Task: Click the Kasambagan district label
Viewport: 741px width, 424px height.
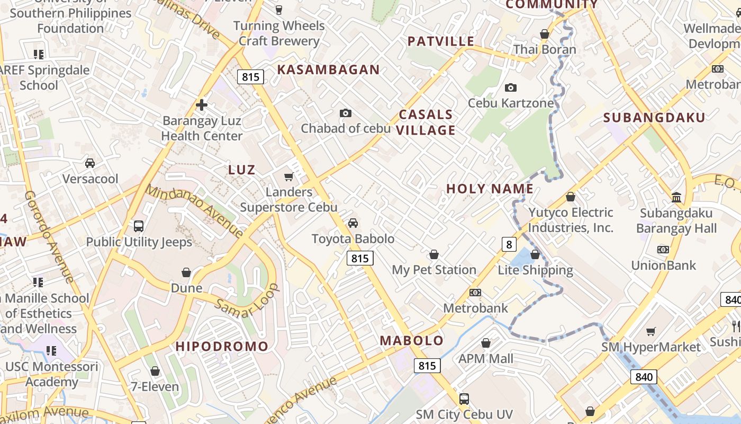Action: [328, 69]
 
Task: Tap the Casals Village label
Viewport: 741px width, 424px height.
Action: [426, 122]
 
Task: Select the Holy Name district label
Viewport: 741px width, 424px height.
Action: [490, 189]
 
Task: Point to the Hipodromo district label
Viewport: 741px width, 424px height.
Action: [222, 347]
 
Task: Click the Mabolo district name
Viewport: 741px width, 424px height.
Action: [412, 340]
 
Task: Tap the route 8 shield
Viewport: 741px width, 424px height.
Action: [509, 244]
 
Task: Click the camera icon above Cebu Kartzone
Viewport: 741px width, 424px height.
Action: [511, 87]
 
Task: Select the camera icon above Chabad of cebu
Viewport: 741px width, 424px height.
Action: [346, 113]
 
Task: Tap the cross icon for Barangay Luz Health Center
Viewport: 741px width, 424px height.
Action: [201, 105]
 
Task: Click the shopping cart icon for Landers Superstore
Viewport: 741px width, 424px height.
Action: [288, 176]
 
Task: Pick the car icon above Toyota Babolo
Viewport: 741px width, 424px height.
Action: [353, 223]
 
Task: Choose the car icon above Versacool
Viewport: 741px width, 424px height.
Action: [90, 163]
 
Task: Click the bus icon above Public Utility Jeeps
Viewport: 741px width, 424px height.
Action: [139, 226]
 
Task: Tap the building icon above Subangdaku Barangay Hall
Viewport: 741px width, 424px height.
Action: [676, 197]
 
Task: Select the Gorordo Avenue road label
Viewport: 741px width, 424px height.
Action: [49, 237]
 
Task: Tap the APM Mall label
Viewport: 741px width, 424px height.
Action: [486, 359]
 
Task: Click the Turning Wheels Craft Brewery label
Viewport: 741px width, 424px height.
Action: [279, 33]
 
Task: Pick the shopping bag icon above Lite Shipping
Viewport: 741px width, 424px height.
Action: [535, 254]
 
